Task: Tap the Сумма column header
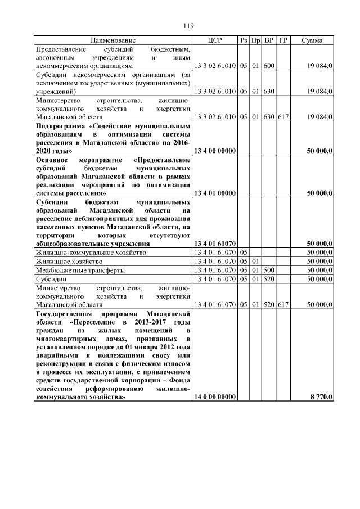(312, 40)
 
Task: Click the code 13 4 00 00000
(214, 151)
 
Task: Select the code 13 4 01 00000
(214, 193)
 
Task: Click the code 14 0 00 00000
(214, 397)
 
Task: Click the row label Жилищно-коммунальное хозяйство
(90, 253)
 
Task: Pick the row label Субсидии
(51, 278)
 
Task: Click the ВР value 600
(269, 66)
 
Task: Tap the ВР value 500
(269, 270)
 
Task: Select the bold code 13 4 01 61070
(214, 244)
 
